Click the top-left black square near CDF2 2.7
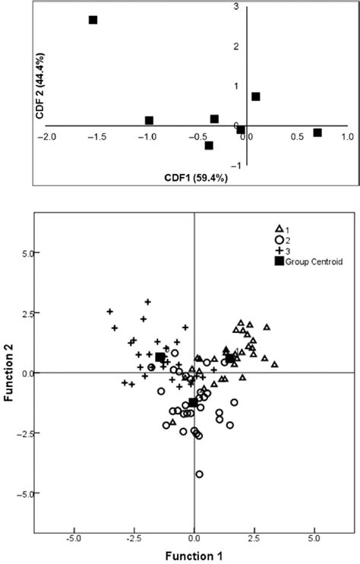pyautogui.click(x=93, y=20)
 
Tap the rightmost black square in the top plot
pyautogui.click(x=317, y=133)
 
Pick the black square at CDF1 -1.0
pyautogui.click(x=149, y=120)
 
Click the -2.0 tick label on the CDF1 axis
pyautogui.click(x=49, y=138)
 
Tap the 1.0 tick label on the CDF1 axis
pyautogui.click(x=346, y=138)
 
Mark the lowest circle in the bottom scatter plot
pyautogui.click(x=200, y=474)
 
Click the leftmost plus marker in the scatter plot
pyautogui.click(x=109, y=312)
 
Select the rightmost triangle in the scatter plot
pyautogui.click(x=274, y=364)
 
